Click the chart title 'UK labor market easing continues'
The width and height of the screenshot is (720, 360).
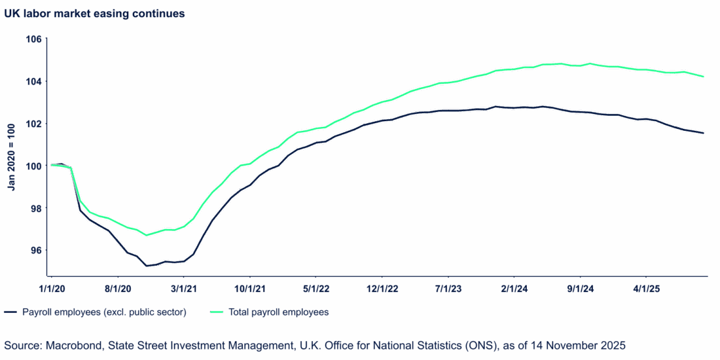point(94,14)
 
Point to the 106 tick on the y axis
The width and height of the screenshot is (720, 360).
point(35,39)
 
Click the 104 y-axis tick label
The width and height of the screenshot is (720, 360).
point(35,81)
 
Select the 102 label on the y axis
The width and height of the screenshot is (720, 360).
point(35,124)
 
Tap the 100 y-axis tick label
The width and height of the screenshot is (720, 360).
point(35,166)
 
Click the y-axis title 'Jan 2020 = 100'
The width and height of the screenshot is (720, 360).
point(12,157)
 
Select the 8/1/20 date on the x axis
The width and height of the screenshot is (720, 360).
point(118,288)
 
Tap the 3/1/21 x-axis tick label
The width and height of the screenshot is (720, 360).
point(184,288)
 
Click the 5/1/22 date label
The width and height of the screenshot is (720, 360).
point(316,288)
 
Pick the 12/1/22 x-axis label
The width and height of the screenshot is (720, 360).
point(382,288)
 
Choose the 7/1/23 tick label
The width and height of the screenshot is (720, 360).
point(448,288)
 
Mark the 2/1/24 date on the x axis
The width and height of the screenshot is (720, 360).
point(514,288)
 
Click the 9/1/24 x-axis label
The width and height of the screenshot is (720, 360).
point(581,288)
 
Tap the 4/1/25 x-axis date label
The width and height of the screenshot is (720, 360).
point(647,288)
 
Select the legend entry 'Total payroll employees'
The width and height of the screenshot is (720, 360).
point(278,312)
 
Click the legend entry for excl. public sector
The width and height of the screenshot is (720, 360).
point(104,312)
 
